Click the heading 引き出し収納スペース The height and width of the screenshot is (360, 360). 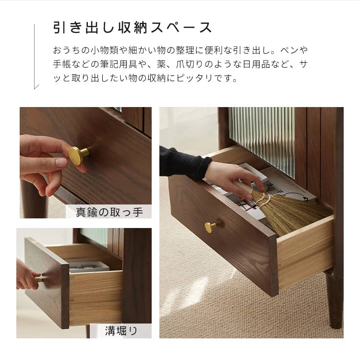click(132, 27)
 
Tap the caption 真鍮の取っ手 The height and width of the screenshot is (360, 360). click(109, 212)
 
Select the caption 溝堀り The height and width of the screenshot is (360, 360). click(121, 331)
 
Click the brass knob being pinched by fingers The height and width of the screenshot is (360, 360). click(78, 155)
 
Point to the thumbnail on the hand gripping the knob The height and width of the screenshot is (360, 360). click(61, 163)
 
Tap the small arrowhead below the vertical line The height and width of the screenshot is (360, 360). click(36, 87)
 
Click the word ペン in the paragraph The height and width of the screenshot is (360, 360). click(289, 50)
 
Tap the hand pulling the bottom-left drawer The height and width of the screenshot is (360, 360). click(27, 276)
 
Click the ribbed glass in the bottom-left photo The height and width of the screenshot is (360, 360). click(94, 237)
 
